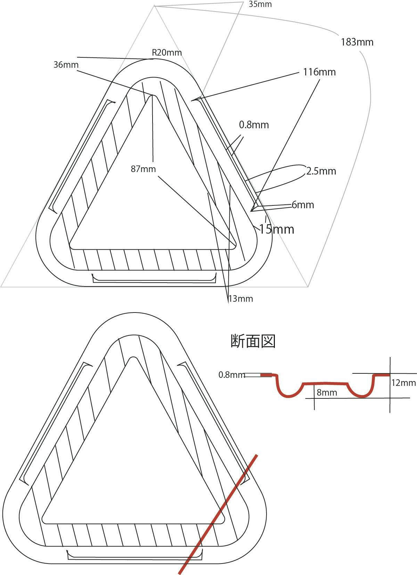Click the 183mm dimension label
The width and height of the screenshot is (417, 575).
click(x=357, y=42)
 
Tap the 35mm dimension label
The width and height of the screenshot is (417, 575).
click(x=260, y=4)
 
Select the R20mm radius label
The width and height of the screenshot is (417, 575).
click(x=167, y=52)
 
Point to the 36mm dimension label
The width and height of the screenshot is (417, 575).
click(x=66, y=65)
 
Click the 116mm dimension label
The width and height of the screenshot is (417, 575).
click(x=319, y=72)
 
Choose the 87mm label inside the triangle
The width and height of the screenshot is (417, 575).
click(x=143, y=169)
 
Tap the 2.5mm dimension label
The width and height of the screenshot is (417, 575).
click(x=321, y=171)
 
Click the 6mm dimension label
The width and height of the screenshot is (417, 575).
click(x=303, y=205)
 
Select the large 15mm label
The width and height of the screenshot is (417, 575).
click(x=277, y=229)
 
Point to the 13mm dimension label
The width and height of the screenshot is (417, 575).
click(x=241, y=299)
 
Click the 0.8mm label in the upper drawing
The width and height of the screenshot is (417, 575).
click(x=254, y=125)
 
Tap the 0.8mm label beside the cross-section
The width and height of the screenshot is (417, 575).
click(x=231, y=375)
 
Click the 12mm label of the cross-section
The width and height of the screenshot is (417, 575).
click(x=403, y=383)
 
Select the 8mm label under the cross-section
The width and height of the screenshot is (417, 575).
click(x=327, y=392)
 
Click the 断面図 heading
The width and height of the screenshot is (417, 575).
click(x=253, y=341)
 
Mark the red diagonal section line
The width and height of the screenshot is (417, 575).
click(x=218, y=515)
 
